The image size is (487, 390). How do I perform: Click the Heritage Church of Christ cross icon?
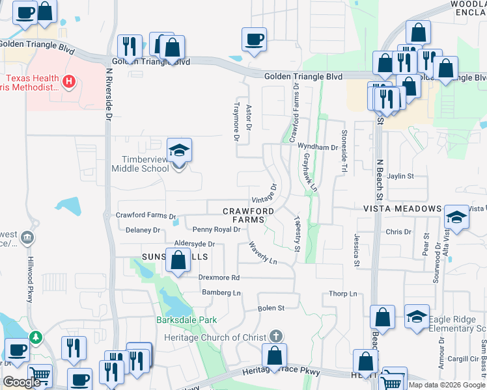pyautogui.click(x=276, y=335)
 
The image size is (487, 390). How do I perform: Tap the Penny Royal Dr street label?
pyautogui.click(x=217, y=229)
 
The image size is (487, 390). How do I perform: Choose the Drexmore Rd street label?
pyautogui.click(x=219, y=278)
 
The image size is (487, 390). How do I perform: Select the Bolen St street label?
pyautogui.click(x=271, y=308)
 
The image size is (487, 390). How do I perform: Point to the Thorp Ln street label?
pyautogui.click(x=343, y=294)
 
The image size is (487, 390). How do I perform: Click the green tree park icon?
pyautogui.click(x=35, y=337)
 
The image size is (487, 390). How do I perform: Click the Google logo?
pyautogui.click(x=22, y=382)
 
